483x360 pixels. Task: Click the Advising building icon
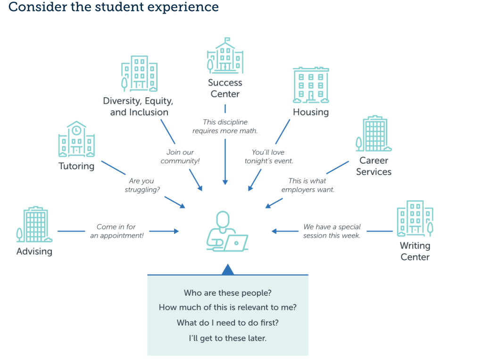[34, 225]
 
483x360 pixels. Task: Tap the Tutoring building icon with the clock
[76, 139]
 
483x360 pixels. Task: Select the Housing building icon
[311, 85]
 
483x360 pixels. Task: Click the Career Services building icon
[374, 134]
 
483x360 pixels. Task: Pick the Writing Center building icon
[415, 218]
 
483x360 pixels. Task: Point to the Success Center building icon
[225, 56]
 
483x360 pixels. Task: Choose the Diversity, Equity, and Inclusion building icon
[139, 73]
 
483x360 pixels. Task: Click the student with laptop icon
[227, 231]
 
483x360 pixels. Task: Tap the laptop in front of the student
[236, 243]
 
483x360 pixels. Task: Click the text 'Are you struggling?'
[142, 185]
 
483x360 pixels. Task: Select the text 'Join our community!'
[180, 156]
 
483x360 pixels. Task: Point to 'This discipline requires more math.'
[225, 126]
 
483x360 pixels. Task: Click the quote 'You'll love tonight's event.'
[269, 156]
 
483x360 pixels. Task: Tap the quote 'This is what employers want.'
[308, 185]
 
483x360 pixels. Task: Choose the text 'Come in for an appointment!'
[117, 231]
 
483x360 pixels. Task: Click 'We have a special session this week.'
[332, 231]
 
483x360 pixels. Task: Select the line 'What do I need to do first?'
[228, 323]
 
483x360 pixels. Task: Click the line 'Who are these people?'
[228, 293]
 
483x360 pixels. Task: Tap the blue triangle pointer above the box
[228, 269]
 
